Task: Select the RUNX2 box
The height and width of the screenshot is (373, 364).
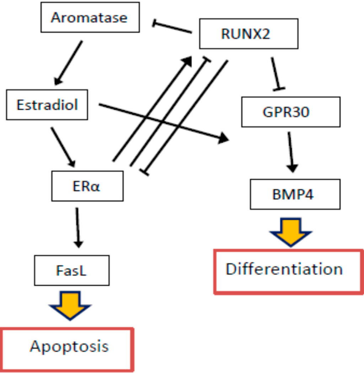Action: (248, 34)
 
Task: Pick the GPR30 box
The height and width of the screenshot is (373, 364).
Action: (290, 112)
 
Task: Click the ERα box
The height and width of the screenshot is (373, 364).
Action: (87, 186)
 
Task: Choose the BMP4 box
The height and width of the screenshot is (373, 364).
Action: (295, 194)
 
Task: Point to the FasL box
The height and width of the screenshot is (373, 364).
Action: (72, 270)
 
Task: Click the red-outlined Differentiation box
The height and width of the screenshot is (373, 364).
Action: (288, 272)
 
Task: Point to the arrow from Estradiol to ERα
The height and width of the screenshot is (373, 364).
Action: (63, 146)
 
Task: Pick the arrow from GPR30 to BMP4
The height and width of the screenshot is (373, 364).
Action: (291, 151)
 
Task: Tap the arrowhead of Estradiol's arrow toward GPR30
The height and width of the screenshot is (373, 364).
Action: (223, 138)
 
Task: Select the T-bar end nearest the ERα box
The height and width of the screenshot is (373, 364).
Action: (144, 172)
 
